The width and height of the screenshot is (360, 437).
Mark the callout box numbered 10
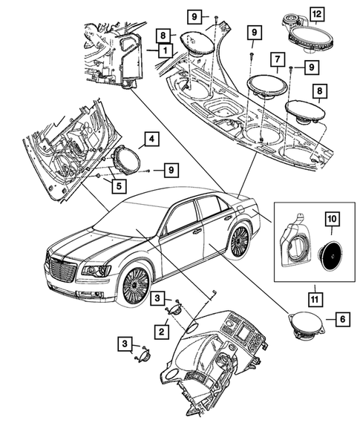[x=332, y=220]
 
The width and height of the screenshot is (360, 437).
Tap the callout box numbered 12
[x=317, y=14]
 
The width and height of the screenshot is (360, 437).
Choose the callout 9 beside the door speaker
[x=170, y=171]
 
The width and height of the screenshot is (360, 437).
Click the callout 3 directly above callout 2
[x=158, y=298]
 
